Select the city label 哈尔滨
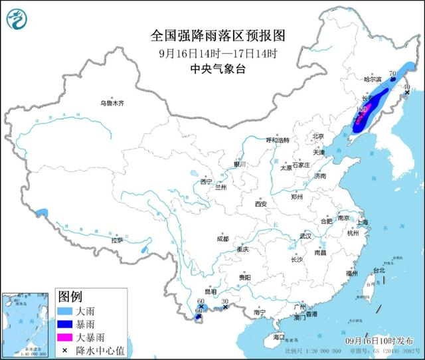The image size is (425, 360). (375, 79)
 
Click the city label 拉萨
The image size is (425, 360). (118, 241)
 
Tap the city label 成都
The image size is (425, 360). (222, 239)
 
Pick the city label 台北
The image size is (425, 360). (379, 271)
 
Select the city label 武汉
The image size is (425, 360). (305, 236)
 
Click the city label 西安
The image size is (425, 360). (260, 205)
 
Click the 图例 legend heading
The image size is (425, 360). (70, 296)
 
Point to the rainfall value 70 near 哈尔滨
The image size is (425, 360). (392, 74)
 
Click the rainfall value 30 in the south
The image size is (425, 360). (224, 302)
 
